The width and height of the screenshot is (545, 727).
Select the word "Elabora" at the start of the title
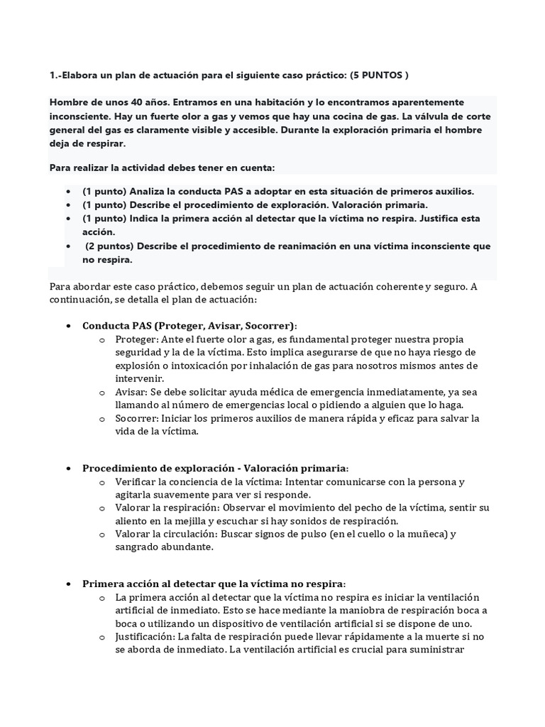click(x=85, y=75)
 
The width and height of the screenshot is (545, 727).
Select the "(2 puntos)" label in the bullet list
click(x=109, y=246)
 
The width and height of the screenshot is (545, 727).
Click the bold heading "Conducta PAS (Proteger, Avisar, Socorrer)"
click(x=189, y=326)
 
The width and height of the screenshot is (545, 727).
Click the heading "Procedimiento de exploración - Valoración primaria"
click(x=214, y=468)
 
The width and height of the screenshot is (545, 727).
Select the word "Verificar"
click(x=136, y=481)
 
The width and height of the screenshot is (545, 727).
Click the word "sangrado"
click(x=139, y=547)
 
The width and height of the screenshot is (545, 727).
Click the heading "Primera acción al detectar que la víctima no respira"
click(x=213, y=584)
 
